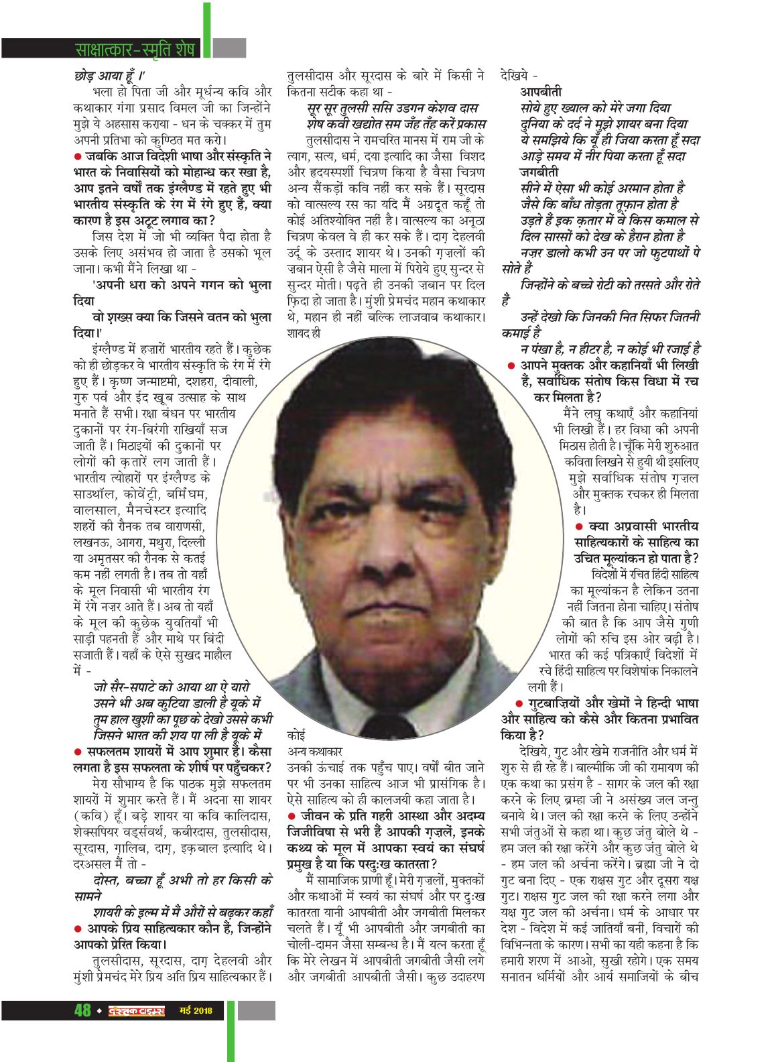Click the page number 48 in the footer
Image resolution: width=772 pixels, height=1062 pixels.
point(82,1010)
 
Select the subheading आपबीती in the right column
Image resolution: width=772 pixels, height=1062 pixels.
point(541,91)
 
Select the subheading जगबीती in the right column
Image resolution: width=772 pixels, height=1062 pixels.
point(541,172)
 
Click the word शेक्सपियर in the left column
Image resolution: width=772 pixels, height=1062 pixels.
point(107,833)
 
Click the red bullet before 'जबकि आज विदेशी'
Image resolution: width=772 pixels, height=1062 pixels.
point(78,156)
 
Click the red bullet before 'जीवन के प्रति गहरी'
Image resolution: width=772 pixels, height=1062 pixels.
point(292,816)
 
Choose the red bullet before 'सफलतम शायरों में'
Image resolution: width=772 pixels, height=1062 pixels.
point(78,752)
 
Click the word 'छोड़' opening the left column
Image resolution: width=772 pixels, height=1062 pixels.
point(85,76)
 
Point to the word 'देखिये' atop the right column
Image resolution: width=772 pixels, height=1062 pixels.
point(515,76)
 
